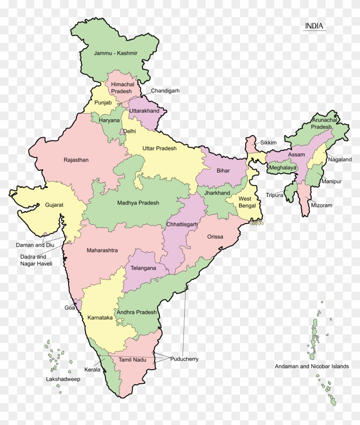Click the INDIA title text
[314, 26]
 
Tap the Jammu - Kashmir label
[116, 53]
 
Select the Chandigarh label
[165, 91]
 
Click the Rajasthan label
[76, 160]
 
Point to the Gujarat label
[54, 205]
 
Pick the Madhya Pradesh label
[138, 203]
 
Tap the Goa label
[69, 307]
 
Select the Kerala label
[92, 369]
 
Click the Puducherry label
[184, 359]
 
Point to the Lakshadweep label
[63, 379]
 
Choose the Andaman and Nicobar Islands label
[312, 366]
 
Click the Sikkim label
[268, 142]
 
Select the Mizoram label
[321, 205]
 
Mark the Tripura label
[274, 195]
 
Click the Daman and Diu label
[35, 245]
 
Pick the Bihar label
[223, 171]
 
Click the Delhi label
[129, 131]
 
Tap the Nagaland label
[340, 160]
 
